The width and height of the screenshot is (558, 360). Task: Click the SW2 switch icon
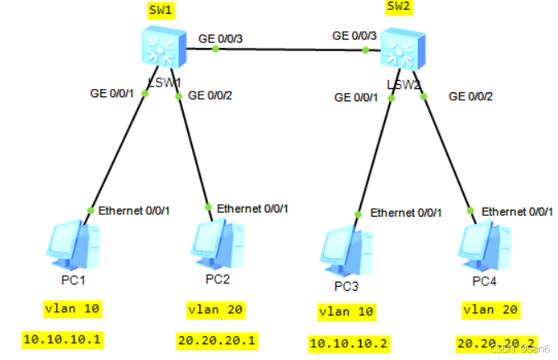pos(403,53)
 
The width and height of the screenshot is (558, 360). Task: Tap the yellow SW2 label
pos(398,8)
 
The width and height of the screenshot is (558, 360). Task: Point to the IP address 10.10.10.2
pos(350,343)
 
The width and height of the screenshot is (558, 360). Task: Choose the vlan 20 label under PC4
pos(490,310)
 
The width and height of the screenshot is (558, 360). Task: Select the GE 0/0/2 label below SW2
pos(471,96)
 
